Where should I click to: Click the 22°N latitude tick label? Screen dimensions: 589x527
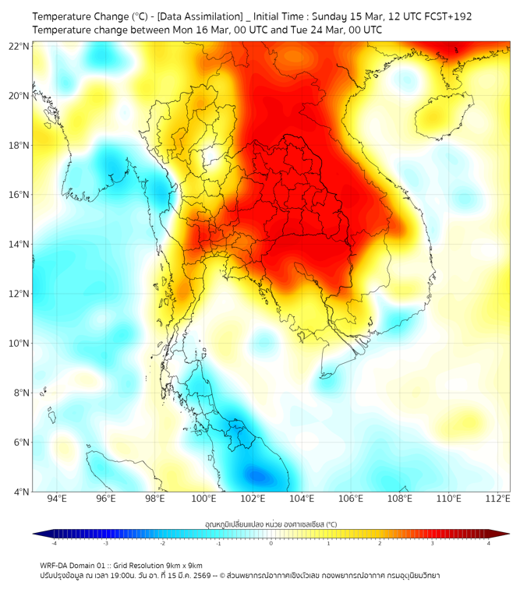click(19, 46)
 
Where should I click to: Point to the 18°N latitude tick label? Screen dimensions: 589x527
click(19, 146)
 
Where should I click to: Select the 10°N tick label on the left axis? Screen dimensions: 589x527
click(19, 344)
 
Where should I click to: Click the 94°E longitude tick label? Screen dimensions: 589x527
click(57, 499)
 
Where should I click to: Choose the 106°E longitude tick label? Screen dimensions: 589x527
click(351, 499)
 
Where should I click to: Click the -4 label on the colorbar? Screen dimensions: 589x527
click(54, 543)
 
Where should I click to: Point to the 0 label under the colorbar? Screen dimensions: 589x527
click(271, 543)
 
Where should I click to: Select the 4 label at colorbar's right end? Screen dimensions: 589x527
click(489, 543)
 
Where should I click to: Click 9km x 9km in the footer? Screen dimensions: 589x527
click(185, 565)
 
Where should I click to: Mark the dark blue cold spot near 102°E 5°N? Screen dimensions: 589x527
click(257, 474)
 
